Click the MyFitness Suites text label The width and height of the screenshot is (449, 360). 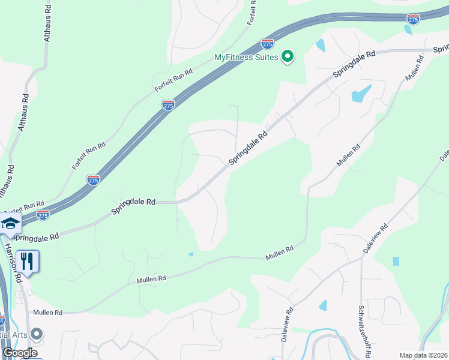[246, 58]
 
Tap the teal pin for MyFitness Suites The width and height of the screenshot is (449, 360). [288, 57]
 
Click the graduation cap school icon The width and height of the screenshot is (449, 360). [10, 223]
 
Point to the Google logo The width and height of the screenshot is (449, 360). [19, 353]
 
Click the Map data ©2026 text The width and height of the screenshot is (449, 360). [424, 355]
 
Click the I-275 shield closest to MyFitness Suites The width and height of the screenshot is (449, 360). [268, 44]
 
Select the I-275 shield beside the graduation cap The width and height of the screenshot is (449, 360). [43, 214]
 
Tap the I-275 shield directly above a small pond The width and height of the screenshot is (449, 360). [412, 19]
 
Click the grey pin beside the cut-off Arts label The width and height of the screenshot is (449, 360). [37, 334]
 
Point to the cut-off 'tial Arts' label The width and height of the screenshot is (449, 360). [14, 334]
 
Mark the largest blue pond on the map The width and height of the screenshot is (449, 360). [360, 94]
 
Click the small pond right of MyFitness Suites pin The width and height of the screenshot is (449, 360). [320, 45]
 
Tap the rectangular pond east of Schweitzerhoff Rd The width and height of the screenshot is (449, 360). [396, 261]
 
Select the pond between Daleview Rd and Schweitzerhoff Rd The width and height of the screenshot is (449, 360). [324, 305]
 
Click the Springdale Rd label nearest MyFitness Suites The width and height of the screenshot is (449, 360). [354, 62]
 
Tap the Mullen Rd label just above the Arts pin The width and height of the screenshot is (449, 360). [48, 313]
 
